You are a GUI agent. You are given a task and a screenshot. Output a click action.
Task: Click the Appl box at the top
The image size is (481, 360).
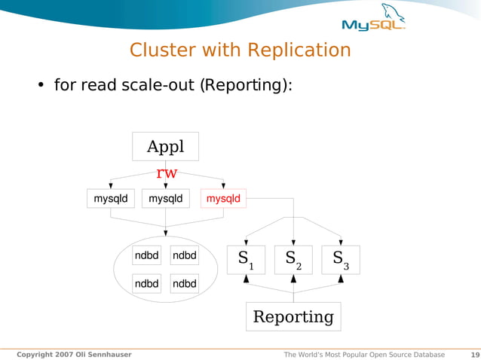[165, 146]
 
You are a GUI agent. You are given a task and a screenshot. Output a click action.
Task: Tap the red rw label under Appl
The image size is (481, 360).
[166, 173]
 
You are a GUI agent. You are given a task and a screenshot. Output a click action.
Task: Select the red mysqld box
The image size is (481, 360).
[223, 199]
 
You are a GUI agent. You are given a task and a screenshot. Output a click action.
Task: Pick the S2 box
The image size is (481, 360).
[293, 260]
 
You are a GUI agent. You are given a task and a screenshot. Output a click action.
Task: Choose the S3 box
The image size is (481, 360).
[341, 260]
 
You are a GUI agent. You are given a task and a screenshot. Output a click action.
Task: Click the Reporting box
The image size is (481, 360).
[293, 316]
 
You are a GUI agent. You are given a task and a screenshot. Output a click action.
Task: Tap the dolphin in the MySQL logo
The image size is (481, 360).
[391, 12]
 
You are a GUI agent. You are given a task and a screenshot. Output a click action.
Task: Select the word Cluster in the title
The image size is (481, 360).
[158, 50]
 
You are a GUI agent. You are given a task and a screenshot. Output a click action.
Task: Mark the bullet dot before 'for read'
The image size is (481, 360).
[42, 85]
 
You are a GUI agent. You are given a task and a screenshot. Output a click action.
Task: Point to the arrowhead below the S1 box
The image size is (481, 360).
[246, 279]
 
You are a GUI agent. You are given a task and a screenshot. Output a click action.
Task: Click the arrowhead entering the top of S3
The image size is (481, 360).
[341, 241]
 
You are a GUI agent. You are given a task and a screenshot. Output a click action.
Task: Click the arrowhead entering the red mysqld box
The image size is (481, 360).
[223, 185]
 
